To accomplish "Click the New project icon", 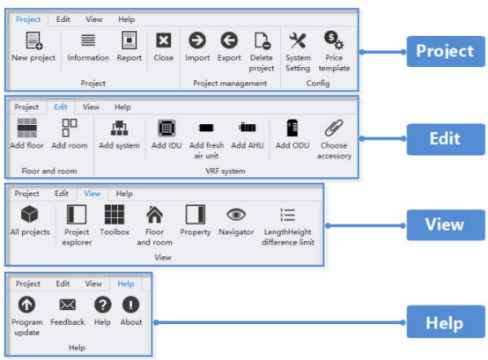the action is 34,40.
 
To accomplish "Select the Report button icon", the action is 129,40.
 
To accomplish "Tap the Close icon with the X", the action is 163,40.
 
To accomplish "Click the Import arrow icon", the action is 197,40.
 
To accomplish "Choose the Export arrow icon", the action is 229,40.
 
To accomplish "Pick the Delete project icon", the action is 262,40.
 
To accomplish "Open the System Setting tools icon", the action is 298,40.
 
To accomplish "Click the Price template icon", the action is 334,40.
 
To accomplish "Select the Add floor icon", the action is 27,128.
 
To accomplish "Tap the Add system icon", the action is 119,129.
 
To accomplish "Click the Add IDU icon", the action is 166,129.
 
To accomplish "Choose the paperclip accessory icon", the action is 334,128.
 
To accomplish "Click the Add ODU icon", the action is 292,128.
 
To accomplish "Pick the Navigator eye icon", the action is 236,215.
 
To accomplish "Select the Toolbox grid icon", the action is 115,215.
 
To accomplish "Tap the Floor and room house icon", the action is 154,215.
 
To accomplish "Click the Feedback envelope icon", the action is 68,305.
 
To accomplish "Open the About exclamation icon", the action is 130,305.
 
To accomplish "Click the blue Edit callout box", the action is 446,139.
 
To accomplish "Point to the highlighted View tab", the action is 92,194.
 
